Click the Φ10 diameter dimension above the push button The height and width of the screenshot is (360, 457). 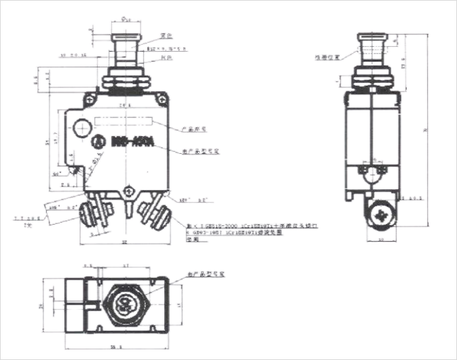125,20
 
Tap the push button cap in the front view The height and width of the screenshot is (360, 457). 125,36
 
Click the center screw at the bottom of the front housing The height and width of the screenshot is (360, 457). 128,190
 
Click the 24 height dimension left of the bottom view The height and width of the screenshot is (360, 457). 42,305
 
